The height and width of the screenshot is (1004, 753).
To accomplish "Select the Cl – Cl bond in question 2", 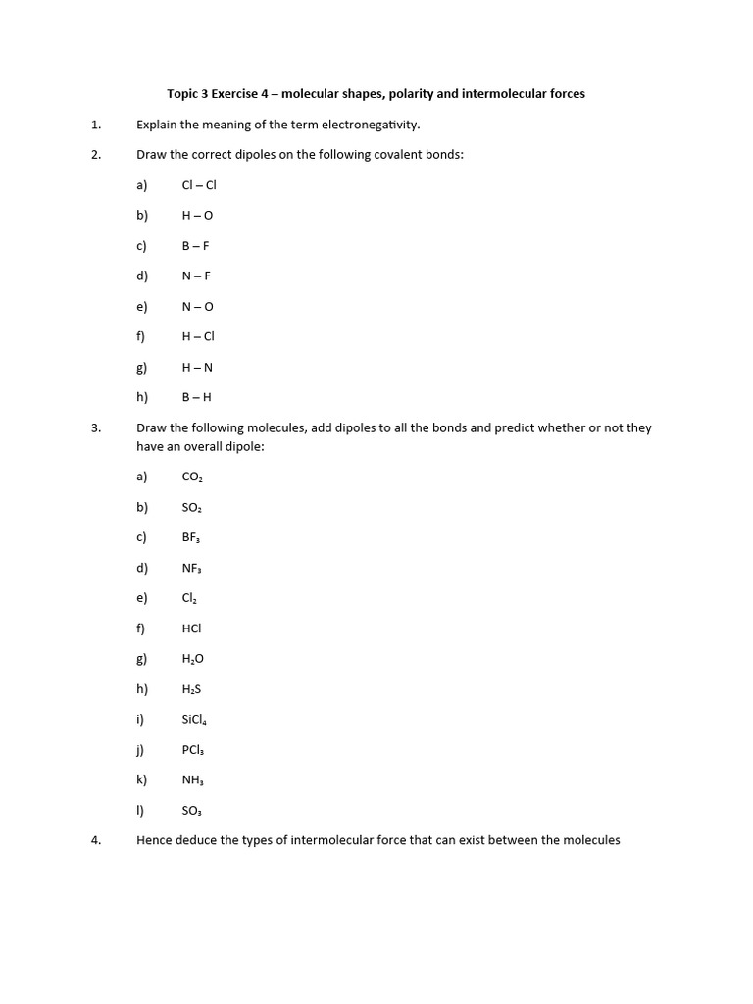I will pos(198,185).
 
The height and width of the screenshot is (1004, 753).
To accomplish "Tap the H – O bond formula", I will pos(197,216).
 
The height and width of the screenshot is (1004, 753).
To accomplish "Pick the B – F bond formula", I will pos(196,246).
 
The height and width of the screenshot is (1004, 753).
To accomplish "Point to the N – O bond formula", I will pos(197,307).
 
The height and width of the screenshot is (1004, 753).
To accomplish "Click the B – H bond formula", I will pos(196,397).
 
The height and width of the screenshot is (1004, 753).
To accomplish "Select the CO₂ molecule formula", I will pos(192,477).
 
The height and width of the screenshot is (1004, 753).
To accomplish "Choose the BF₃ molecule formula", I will pos(191,537).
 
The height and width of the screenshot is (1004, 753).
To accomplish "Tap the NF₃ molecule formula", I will pos(191,568).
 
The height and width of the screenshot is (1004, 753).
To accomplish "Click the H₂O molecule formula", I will pos(193,659).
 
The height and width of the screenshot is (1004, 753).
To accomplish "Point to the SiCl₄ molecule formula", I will pos(194,720).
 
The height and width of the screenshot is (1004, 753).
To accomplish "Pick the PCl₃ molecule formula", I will pos(192,750).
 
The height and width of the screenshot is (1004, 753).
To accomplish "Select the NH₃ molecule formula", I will pos(192,780).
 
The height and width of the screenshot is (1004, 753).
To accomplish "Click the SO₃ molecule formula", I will pos(192,811).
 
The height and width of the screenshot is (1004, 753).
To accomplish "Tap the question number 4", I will pos(96,840).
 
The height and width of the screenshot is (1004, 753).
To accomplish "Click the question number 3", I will pos(96,427).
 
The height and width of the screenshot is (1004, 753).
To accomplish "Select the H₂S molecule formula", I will pos(191,689).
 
